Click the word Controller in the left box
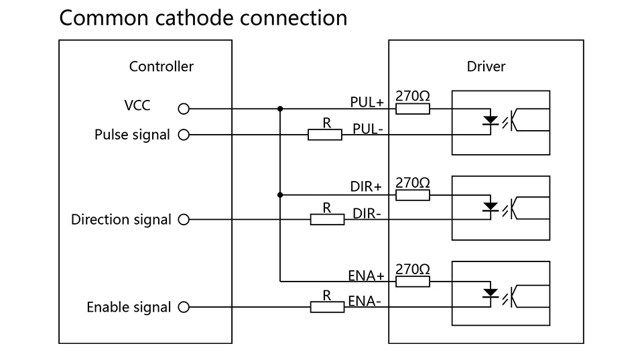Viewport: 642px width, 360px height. [x=161, y=66]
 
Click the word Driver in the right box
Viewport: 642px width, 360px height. [x=486, y=66]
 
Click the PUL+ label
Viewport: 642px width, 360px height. [x=367, y=103]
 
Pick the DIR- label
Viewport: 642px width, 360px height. [x=367, y=214]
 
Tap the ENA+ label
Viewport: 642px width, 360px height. [x=366, y=276]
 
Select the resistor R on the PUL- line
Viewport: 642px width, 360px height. [x=325, y=135]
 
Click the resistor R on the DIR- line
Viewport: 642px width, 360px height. [x=327, y=219]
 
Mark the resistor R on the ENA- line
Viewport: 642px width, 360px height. [x=327, y=307]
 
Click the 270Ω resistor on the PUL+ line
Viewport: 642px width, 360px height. [x=413, y=108]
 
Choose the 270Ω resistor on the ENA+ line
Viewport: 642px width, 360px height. [x=413, y=281]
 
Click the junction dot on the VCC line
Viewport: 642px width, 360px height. [x=279, y=108]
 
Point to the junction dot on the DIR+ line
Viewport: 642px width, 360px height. [x=279, y=194]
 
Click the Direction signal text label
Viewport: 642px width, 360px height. [x=121, y=220]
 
